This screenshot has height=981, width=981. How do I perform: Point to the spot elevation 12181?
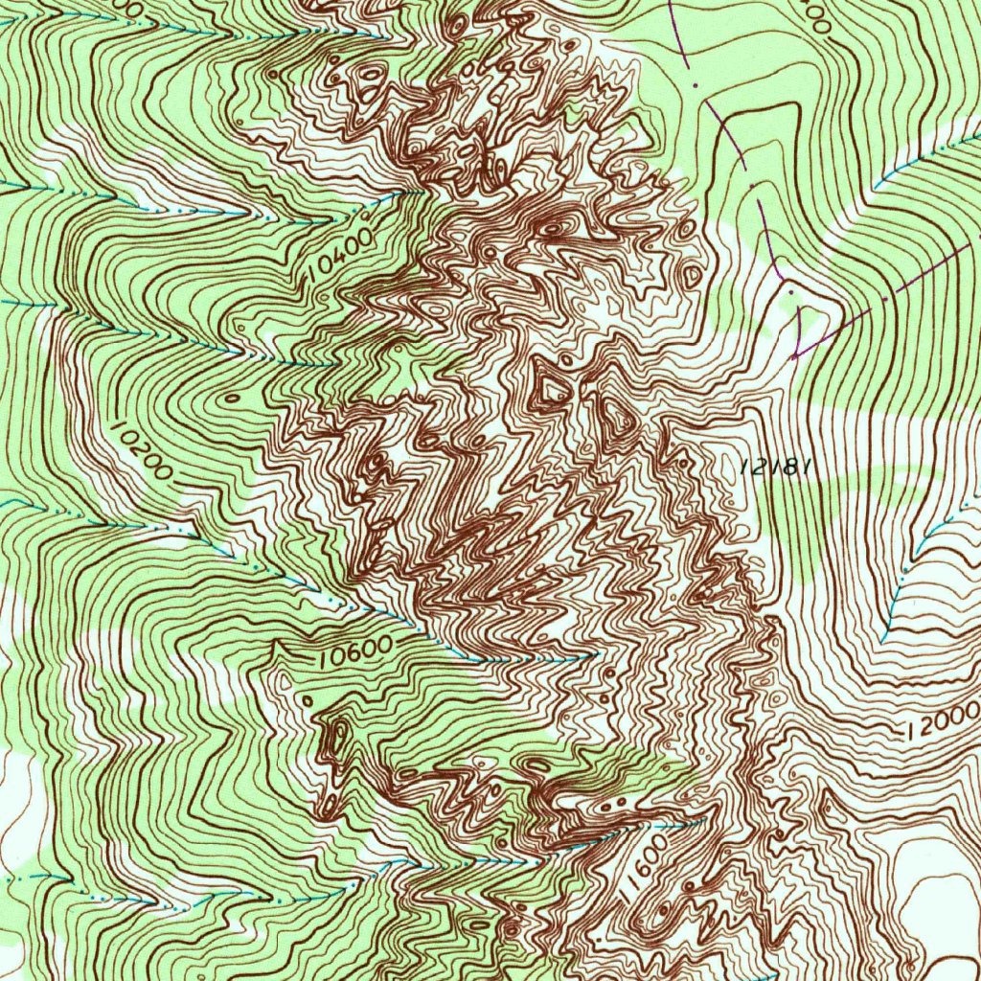click(x=777, y=467)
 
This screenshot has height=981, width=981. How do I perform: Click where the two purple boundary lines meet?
click(x=794, y=356)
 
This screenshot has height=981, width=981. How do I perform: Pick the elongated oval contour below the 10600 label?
click(x=337, y=739)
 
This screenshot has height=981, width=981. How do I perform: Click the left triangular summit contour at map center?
click(x=551, y=386)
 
